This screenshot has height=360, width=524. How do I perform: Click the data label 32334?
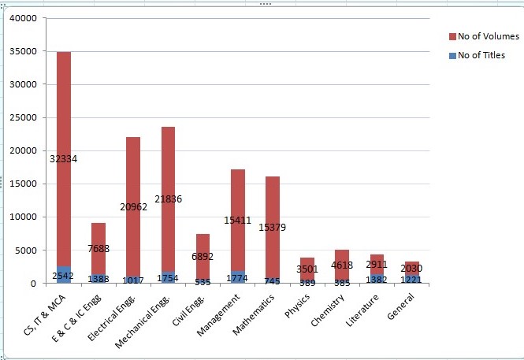[x=63, y=159]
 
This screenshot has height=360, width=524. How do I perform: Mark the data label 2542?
[x=64, y=276]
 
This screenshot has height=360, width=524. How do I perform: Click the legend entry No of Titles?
[x=481, y=55]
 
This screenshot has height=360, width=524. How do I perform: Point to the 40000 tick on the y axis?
[x=23, y=18]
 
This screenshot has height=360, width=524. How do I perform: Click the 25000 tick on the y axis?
[x=23, y=117]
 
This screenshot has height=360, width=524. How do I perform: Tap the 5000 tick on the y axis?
[x=25, y=251]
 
